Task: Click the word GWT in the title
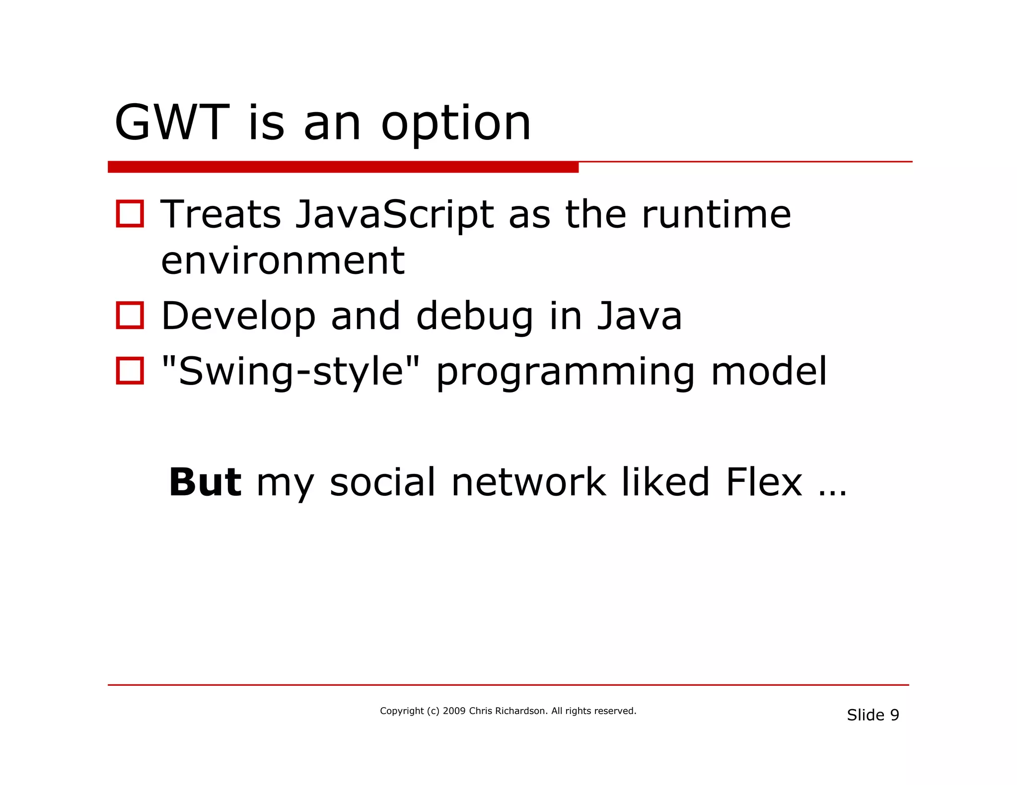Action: pyautogui.click(x=171, y=123)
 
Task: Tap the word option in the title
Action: pyautogui.click(x=456, y=124)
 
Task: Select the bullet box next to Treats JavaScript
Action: pyautogui.click(x=130, y=214)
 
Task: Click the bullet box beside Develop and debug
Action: pyautogui.click(x=130, y=315)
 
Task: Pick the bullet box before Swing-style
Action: pyautogui.click(x=130, y=371)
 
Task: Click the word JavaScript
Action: pyautogui.click(x=395, y=215)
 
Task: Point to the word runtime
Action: pyautogui.click(x=716, y=215)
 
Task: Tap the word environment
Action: pyautogui.click(x=283, y=261)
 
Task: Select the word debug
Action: pyautogui.click(x=474, y=317)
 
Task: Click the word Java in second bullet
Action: pyautogui.click(x=639, y=316)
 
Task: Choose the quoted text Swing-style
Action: pyautogui.click(x=291, y=372)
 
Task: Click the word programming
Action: pyautogui.click(x=565, y=373)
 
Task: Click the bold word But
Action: pyautogui.click(x=205, y=482)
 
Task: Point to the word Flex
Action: pyautogui.click(x=764, y=482)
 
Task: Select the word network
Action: pyautogui.click(x=528, y=482)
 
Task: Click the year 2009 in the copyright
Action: pyautogui.click(x=454, y=711)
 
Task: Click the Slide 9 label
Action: pyautogui.click(x=872, y=715)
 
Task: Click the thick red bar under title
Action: pyautogui.click(x=343, y=167)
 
